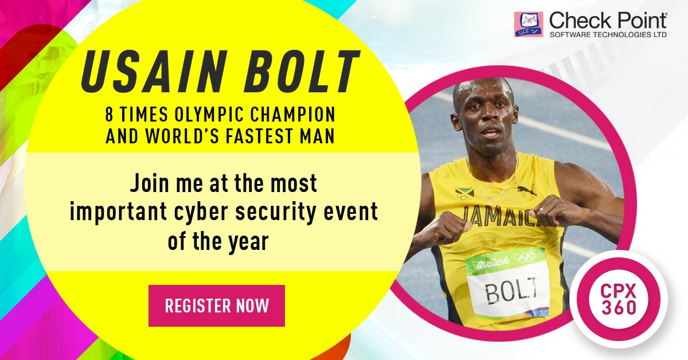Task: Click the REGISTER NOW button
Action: pyautogui.click(x=217, y=306)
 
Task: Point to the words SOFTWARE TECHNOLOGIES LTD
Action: pyautogui.click(x=608, y=35)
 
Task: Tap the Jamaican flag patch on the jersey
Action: pyautogui.click(x=463, y=191)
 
